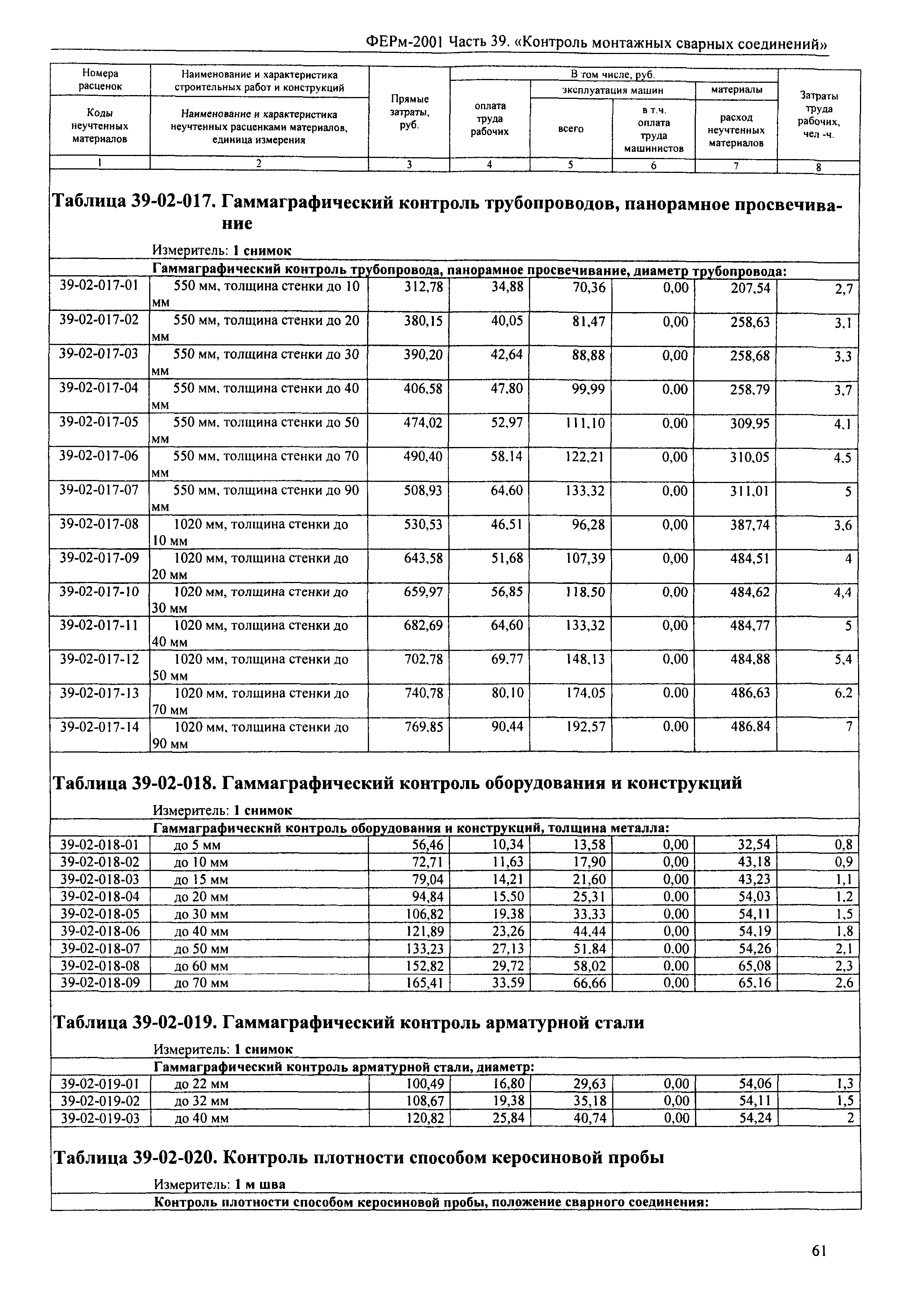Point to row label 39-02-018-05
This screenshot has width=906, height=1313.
click(x=99, y=914)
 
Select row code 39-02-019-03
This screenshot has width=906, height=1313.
click(x=100, y=1118)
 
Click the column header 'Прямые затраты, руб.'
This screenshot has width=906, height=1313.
click(x=409, y=112)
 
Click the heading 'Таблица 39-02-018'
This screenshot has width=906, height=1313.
click(x=134, y=784)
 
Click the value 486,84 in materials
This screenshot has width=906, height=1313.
click(x=750, y=727)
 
